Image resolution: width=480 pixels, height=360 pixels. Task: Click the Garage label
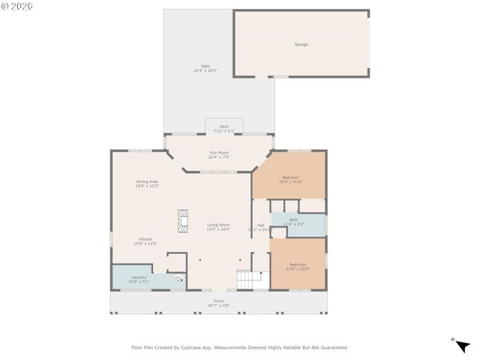tap(301, 44)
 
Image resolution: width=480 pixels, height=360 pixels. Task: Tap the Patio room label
tap(205, 66)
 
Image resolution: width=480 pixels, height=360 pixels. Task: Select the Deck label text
tap(223, 126)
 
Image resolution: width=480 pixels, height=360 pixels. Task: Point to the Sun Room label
tap(219, 153)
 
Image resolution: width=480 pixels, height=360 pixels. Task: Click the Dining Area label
tap(147, 181)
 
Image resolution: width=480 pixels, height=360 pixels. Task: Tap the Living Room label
tap(219, 225)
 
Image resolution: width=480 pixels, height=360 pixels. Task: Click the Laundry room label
tap(139, 277)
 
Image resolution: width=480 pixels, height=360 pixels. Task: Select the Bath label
tap(294, 220)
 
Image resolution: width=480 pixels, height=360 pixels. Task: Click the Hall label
tap(261, 225)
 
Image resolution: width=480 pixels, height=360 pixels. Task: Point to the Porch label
tap(219, 301)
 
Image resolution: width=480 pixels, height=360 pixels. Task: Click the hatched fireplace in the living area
tap(182, 221)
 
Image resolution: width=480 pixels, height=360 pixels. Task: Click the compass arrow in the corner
tap(462, 345)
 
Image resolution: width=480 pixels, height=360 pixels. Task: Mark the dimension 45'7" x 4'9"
tap(219, 305)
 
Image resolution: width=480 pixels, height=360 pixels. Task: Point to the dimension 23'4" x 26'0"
tap(205, 70)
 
